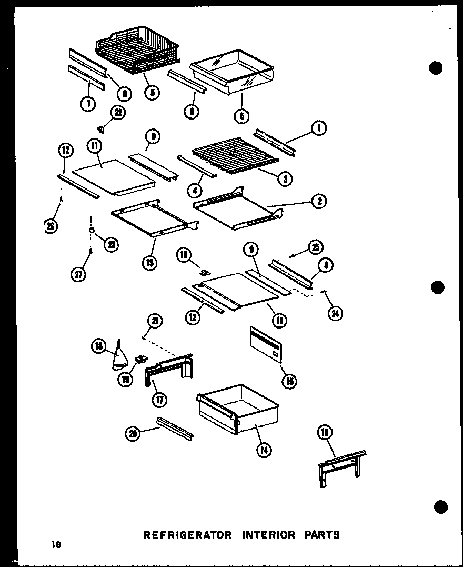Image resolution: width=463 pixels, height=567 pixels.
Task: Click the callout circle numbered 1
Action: point(319,127)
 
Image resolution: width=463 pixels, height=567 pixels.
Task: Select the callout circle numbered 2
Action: point(319,201)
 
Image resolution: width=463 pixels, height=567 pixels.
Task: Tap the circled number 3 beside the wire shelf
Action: point(285,178)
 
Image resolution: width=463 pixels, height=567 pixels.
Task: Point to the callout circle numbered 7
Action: point(88,104)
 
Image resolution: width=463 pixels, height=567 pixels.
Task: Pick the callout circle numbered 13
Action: point(150,262)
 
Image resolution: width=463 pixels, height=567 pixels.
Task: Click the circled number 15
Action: point(289,381)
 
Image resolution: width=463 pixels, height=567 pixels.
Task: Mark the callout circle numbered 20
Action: point(134,434)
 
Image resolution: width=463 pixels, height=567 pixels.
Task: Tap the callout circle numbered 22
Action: point(118,112)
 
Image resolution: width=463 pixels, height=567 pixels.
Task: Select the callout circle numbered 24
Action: point(334,313)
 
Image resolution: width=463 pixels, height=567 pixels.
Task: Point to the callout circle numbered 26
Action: point(51,226)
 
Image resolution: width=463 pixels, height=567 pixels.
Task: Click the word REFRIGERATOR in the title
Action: point(188,535)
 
